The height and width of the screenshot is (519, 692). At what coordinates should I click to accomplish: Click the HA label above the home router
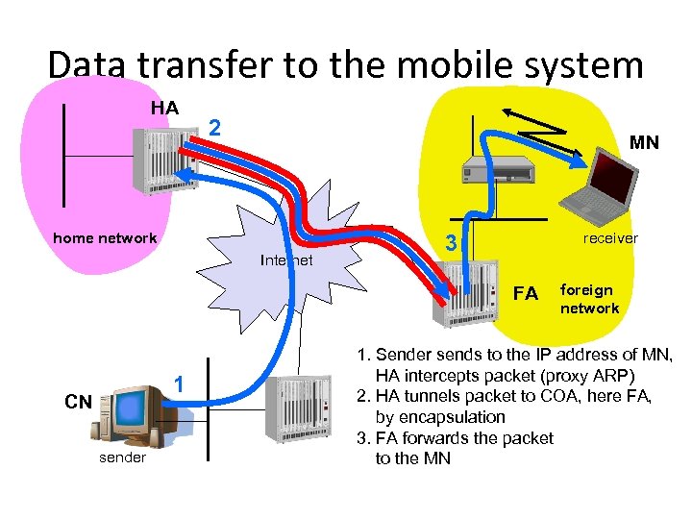[164, 108]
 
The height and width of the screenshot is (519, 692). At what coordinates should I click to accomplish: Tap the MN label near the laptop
[644, 142]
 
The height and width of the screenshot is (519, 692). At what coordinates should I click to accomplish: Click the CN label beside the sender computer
[78, 402]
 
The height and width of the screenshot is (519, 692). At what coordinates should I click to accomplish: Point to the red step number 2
[216, 128]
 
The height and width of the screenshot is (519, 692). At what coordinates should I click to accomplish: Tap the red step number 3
[449, 246]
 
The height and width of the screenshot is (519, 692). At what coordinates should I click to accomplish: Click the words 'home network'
[105, 237]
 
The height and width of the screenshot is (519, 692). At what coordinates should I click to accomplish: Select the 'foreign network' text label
[589, 299]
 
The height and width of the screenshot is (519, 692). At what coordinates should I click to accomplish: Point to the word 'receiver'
[610, 238]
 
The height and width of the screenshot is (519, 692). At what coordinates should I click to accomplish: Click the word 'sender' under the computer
[123, 457]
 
